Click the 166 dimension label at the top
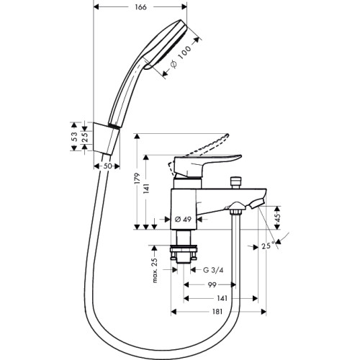click(x=140, y=7)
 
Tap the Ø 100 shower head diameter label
click(x=181, y=56)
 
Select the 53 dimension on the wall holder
click(x=75, y=137)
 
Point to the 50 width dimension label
click(x=107, y=166)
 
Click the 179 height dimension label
click(x=138, y=178)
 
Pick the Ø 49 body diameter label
click(x=183, y=219)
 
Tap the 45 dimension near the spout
click(x=277, y=217)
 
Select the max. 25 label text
click(x=156, y=270)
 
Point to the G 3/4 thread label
click(x=213, y=270)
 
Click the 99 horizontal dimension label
click(x=212, y=285)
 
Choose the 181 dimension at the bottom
click(x=217, y=312)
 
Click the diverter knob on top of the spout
click(x=236, y=183)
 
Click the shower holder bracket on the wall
click(x=107, y=138)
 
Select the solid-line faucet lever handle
click(x=207, y=166)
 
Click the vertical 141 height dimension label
click(x=147, y=189)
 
